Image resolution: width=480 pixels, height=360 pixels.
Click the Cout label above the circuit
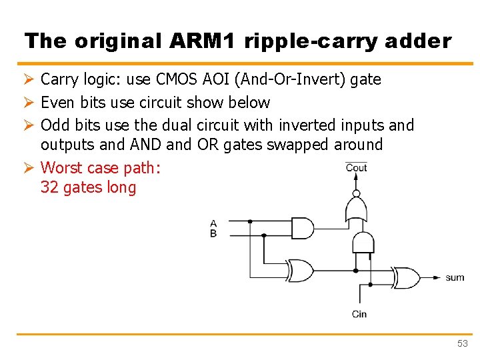coord(356,167)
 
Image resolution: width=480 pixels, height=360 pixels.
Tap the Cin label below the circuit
coord(359,314)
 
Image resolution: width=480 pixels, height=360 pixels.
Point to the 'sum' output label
coord(455,277)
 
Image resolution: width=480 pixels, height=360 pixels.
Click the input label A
coord(213,223)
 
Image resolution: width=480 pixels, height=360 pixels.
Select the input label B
coord(213,233)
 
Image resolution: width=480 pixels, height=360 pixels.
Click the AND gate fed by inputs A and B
coord(302,228)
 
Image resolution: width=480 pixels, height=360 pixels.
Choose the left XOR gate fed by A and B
coord(301,271)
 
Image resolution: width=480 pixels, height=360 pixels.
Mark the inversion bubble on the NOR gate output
coord(356,195)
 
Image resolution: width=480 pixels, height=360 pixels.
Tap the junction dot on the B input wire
coord(264,235)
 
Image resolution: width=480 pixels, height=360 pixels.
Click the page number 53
coord(463,343)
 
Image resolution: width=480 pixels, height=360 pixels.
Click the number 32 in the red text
coord(49,188)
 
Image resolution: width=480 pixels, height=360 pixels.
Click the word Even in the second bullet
coord(56,103)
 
